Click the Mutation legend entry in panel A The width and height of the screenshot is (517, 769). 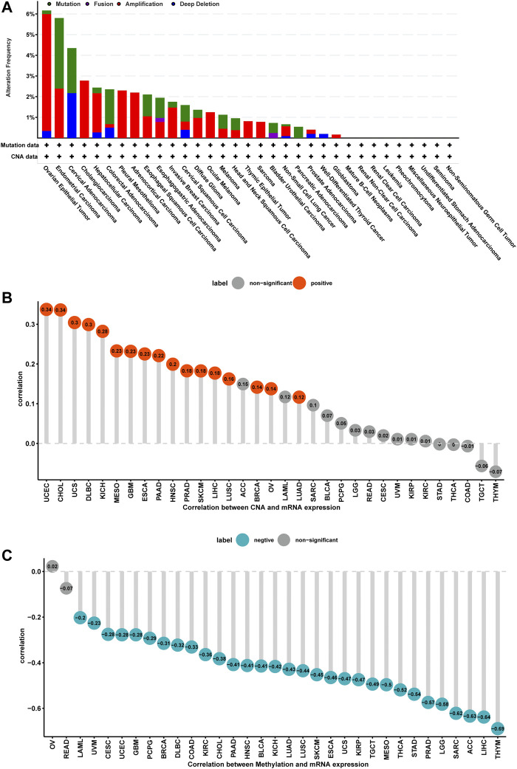click(x=69, y=4)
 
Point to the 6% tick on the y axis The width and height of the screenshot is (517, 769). click(x=30, y=14)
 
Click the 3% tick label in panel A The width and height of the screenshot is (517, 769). click(x=30, y=76)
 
